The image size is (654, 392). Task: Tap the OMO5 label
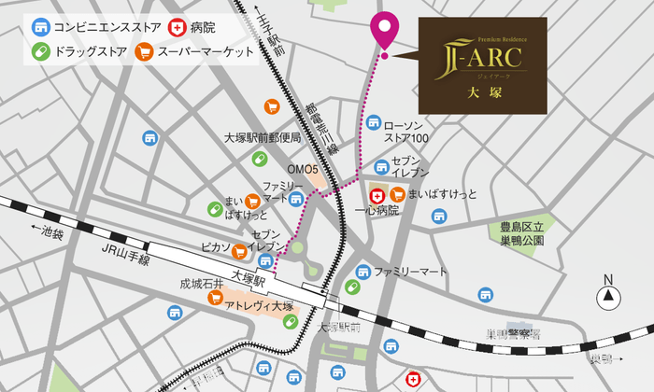point(303,170)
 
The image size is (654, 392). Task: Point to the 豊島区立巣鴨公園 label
point(526,232)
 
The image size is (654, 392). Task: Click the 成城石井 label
point(202,283)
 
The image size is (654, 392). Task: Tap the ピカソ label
point(215,248)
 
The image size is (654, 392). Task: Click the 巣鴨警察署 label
point(513,334)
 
